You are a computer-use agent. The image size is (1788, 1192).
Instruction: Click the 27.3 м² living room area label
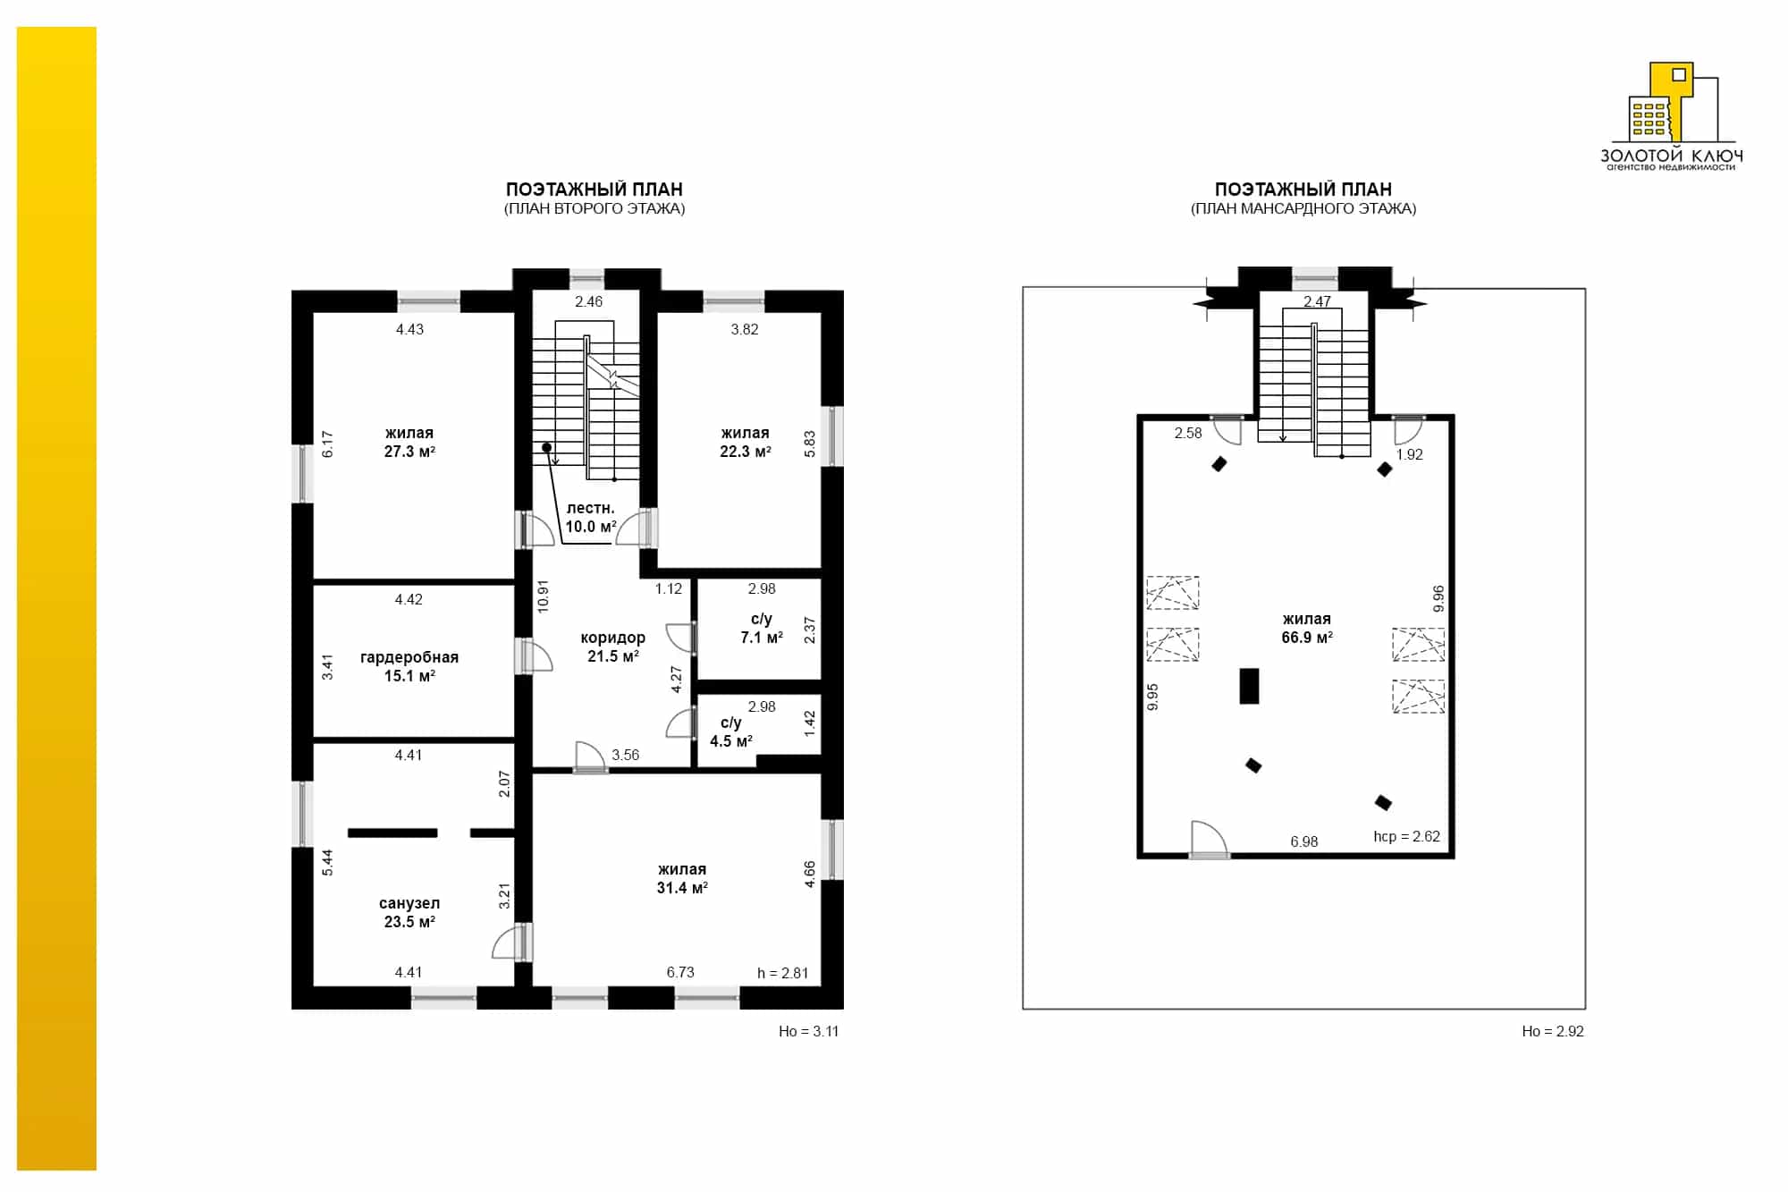(x=409, y=443)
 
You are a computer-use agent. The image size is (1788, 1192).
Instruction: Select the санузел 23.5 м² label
(x=409, y=913)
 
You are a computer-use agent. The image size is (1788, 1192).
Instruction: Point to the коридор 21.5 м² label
(x=613, y=647)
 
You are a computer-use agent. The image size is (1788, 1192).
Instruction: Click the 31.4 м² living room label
(x=682, y=879)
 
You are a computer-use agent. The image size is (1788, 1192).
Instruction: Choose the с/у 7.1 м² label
(x=762, y=629)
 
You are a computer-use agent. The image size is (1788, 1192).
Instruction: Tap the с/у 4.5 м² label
(x=731, y=732)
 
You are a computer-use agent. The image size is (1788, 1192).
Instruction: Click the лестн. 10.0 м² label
(x=591, y=518)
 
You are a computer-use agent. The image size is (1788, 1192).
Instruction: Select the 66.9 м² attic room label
(x=1307, y=629)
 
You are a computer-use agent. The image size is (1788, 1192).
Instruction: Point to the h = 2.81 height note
(x=783, y=974)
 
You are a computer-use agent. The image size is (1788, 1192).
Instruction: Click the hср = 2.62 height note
(x=1407, y=837)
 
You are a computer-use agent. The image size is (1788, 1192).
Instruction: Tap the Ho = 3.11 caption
(x=809, y=1032)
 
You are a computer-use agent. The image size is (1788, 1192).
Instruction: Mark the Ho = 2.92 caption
(x=1553, y=1032)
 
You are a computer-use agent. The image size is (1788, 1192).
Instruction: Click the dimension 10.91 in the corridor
(x=543, y=596)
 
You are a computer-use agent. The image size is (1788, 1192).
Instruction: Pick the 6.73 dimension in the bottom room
(x=680, y=973)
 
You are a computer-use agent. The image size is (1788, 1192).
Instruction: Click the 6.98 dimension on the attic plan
(x=1304, y=842)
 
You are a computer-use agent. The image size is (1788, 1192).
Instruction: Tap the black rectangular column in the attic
(x=1249, y=687)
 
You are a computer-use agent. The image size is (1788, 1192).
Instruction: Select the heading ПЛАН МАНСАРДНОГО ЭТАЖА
(x=1303, y=209)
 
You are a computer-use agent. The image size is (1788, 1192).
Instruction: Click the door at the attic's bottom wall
(x=1210, y=841)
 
